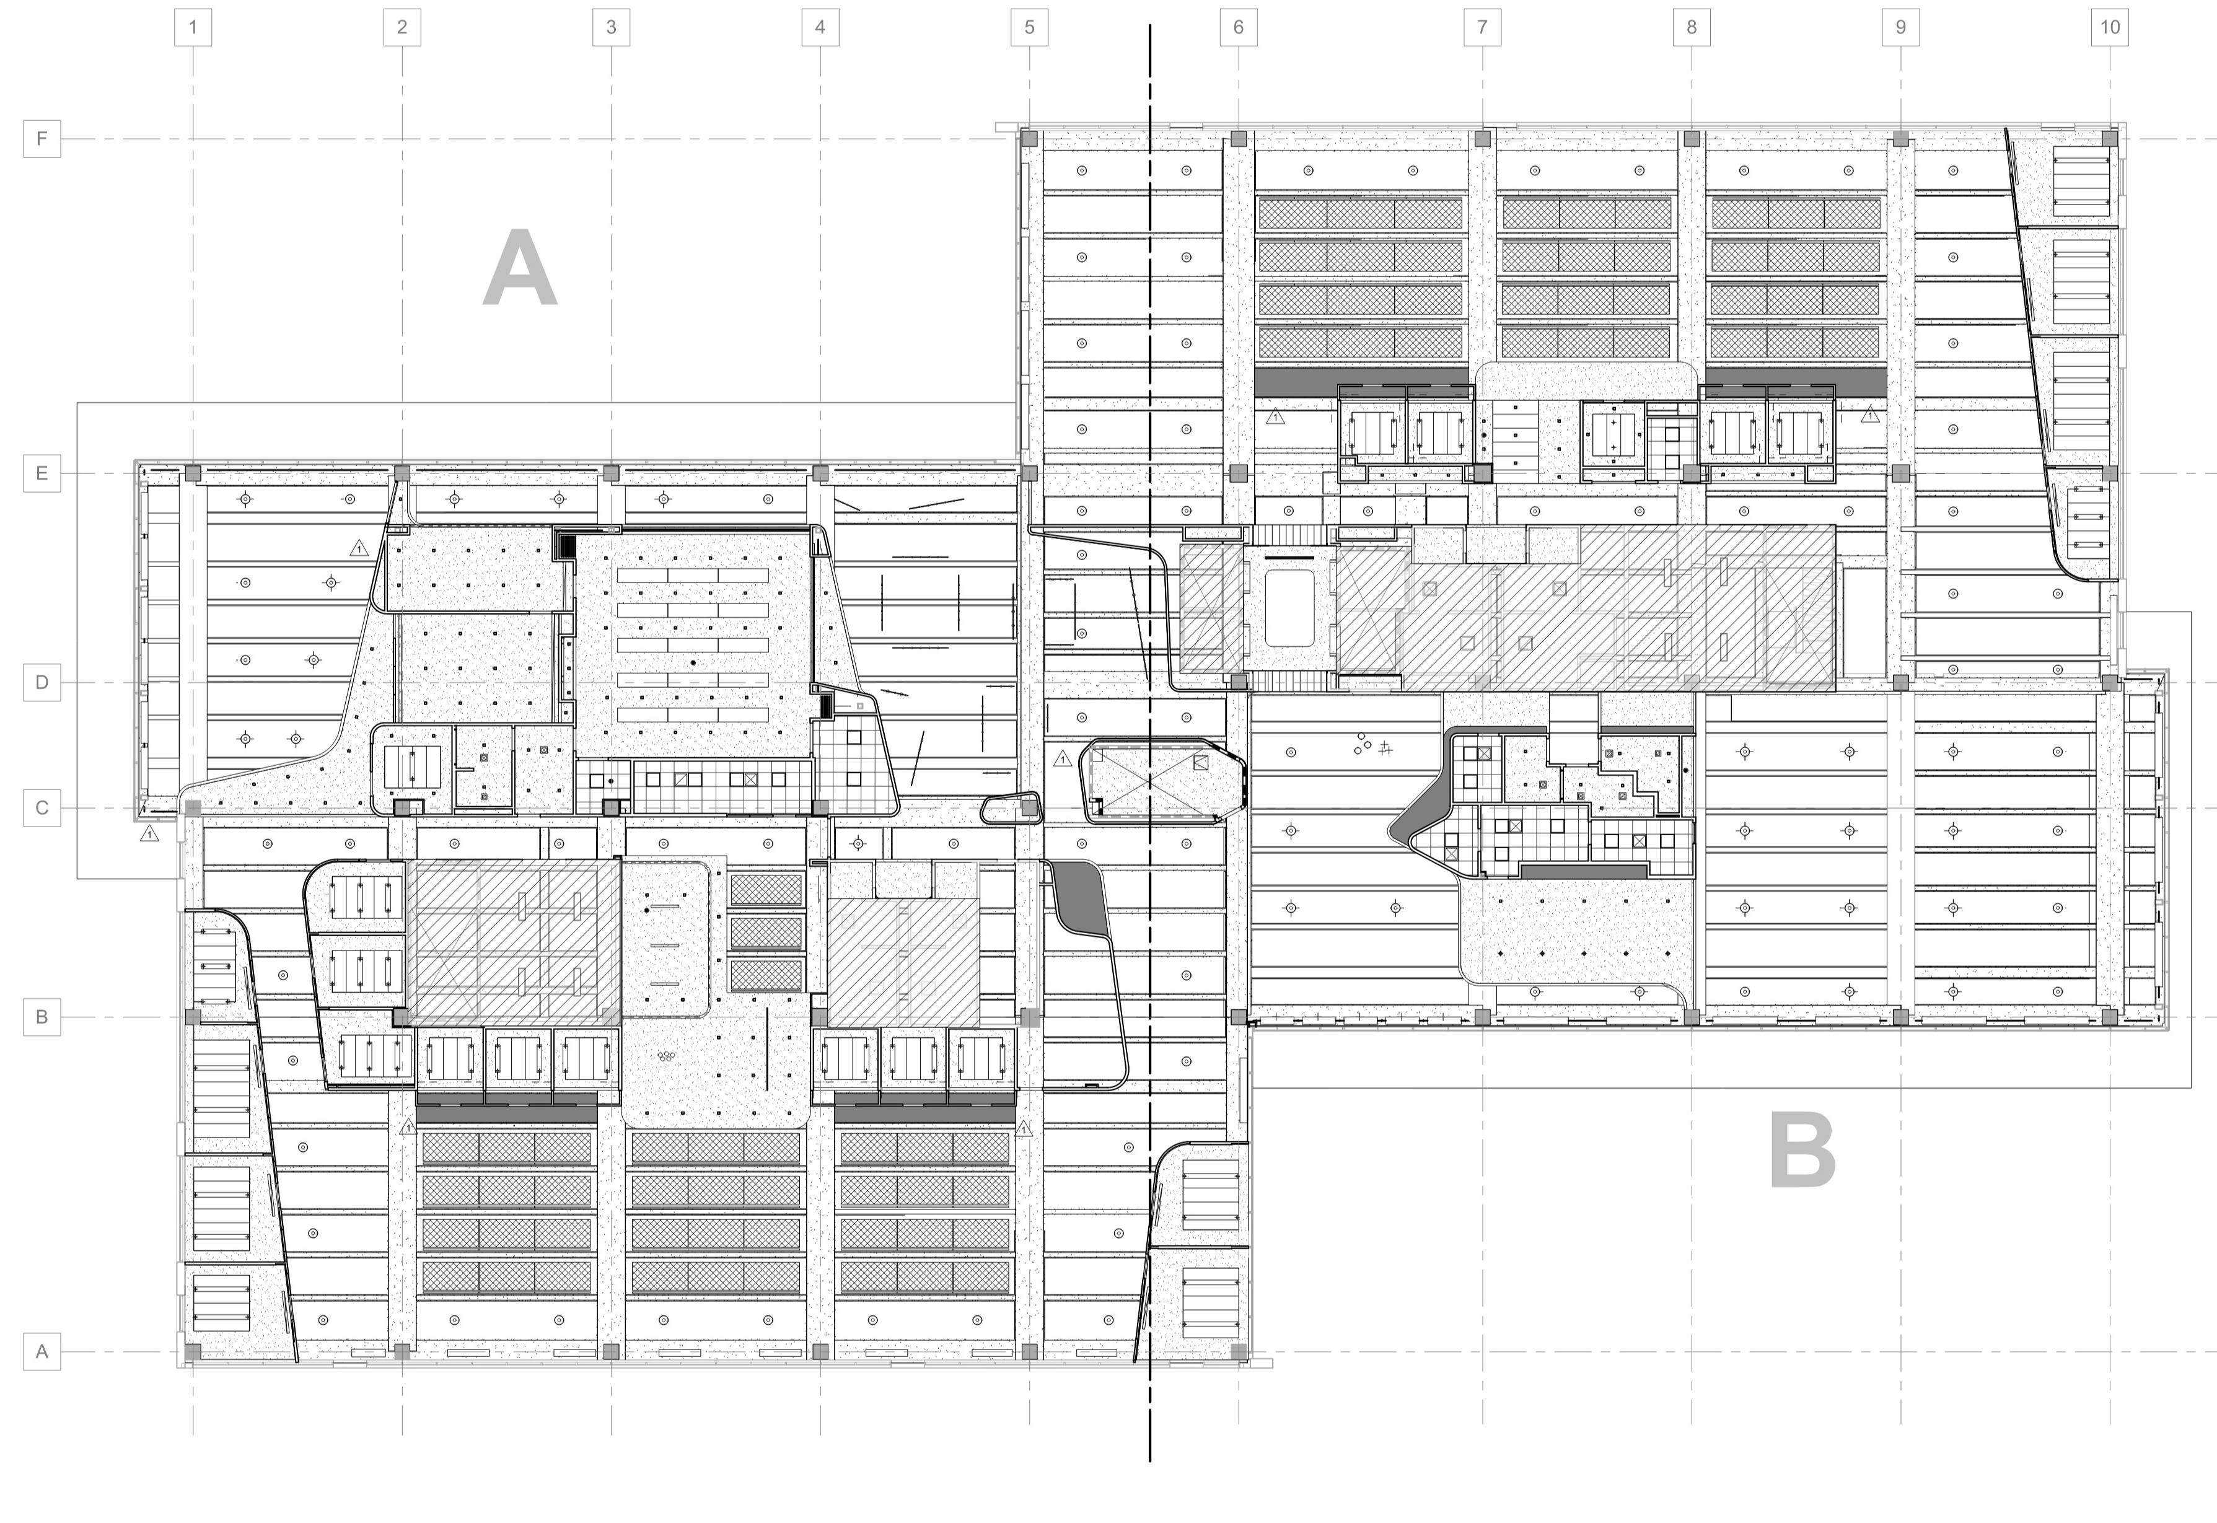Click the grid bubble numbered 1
(x=193, y=27)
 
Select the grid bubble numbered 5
(x=1029, y=27)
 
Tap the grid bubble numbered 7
(x=1482, y=27)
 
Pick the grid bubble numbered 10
(x=2109, y=27)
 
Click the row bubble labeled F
(x=42, y=138)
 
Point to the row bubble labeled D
(x=42, y=682)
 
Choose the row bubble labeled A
(x=42, y=1351)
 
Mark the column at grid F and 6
(x=1238, y=138)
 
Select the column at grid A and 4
(x=820, y=1351)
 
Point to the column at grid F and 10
(x=2109, y=138)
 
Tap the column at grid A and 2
(x=402, y=1351)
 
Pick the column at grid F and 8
(x=1691, y=138)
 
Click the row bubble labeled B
(x=42, y=1016)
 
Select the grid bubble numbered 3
(x=611, y=27)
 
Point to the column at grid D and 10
(x=2109, y=682)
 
